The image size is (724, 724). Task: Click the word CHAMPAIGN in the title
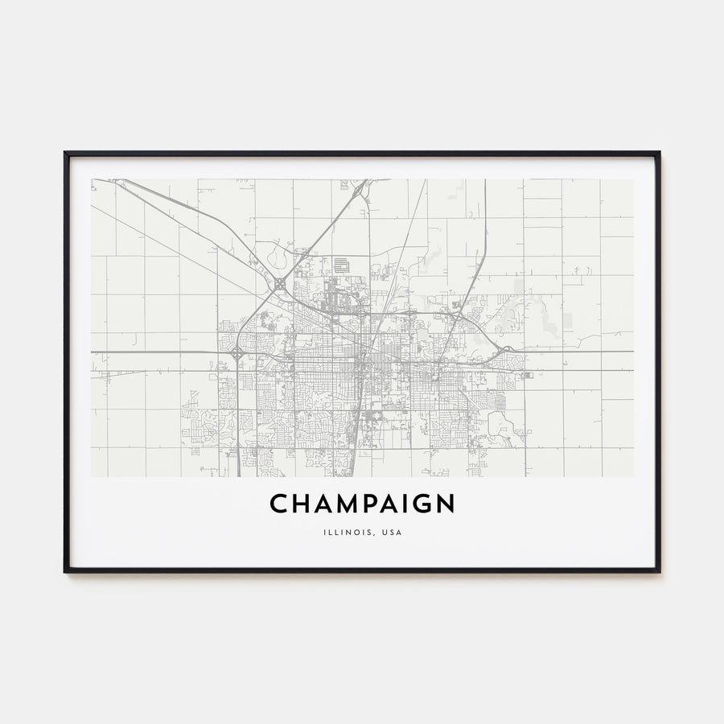tap(362, 504)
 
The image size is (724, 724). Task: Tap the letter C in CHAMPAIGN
tap(278, 504)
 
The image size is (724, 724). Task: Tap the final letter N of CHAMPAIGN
tap(445, 504)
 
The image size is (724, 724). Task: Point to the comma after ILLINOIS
tap(372, 534)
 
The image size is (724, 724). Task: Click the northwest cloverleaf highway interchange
tap(279, 283)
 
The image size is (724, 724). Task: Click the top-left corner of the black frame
tap(65, 153)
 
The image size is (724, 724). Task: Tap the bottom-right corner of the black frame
tap(659, 571)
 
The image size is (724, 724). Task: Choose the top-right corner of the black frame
tap(659, 153)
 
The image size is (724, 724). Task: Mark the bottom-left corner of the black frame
tap(65, 571)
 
